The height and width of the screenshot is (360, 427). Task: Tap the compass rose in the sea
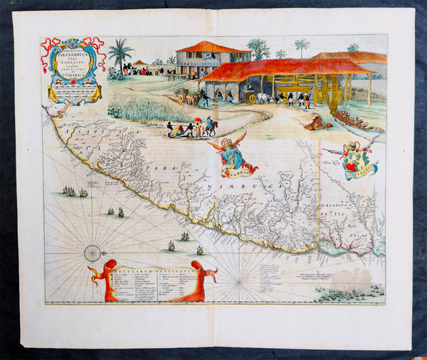coord(93,253)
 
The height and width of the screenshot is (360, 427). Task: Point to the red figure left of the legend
coord(106,280)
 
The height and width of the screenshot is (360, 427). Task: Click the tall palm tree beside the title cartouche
coord(120,56)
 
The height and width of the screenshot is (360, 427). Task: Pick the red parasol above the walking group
coord(197,120)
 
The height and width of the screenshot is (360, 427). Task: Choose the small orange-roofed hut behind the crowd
coord(141,63)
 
